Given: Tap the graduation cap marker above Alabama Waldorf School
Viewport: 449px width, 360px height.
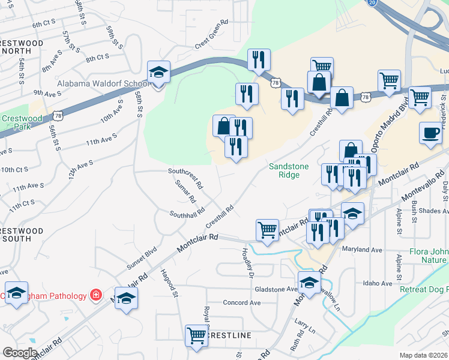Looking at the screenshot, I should pyautogui.click(x=159, y=73).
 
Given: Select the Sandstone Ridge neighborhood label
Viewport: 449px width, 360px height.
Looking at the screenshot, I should pyautogui.click(x=284, y=170).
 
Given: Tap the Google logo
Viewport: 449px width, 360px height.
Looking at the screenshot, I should pyautogui.click(x=20, y=353).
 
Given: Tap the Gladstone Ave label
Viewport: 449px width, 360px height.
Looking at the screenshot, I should pyautogui.click(x=276, y=289).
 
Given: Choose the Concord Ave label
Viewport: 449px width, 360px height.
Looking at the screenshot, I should pyautogui.click(x=242, y=302).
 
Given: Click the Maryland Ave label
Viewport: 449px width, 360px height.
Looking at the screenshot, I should pyautogui.click(x=362, y=249).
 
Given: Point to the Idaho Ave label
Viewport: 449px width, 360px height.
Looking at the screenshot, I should pyautogui.click(x=378, y=283).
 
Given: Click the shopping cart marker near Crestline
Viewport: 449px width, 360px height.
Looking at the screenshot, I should pyautogui.click(x=197, y=335).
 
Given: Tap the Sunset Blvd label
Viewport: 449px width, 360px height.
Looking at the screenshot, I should pyautogui.click(x=141, y=257).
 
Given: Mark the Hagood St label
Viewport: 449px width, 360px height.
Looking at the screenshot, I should pyautogui.click(x=169, y=283).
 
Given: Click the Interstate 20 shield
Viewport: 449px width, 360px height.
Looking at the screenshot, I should pyautogui.click(x=372, y=3).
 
